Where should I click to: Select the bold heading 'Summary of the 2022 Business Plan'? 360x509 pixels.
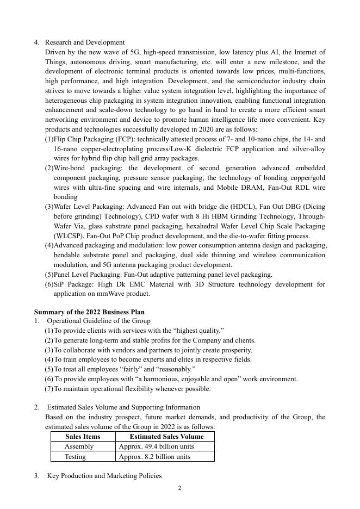(89, 312)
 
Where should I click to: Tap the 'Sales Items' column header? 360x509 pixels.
(83, 437)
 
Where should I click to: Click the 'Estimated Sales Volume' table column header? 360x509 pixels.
(166, 437)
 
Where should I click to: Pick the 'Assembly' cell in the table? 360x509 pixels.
(79, 446)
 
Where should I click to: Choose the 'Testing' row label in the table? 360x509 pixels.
(75, 457)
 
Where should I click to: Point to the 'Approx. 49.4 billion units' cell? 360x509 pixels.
(156, 446)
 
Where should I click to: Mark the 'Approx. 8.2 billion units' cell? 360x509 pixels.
(154, 457)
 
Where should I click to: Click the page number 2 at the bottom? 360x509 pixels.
(179, 488)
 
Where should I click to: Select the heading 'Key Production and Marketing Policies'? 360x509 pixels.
(104, 476)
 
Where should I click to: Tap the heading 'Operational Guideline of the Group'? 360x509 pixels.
(98, 321)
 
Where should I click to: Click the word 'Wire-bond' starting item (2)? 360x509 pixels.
(69, 168)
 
